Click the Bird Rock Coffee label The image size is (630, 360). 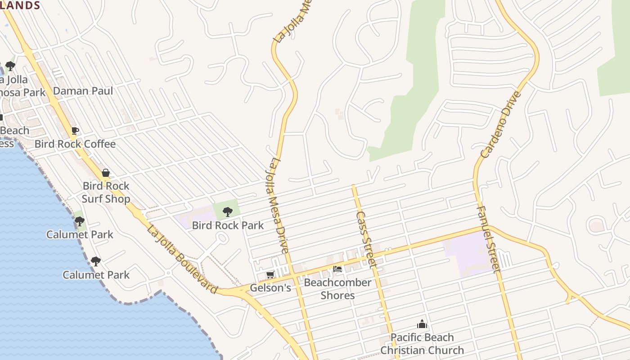[75, 144]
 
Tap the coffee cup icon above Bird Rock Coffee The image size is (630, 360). [75, 131]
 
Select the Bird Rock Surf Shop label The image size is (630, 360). [106, 192]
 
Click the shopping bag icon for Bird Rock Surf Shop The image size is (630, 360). [106, 173]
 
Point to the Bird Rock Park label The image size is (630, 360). [228, 225]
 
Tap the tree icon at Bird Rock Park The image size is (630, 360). [228, 211]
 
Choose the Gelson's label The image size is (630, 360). [270, 288]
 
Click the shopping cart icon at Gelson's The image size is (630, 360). [270, 274]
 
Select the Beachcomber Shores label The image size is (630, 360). [337, 289]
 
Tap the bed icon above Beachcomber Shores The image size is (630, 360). [337, 269]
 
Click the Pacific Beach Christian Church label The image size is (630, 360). [422, 344]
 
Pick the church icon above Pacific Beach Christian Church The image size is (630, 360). [422, 324]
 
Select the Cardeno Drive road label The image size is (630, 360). [501, 124]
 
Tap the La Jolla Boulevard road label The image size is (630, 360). [183, 260]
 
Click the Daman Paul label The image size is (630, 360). [83, 91]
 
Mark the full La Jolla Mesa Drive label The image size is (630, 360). [279, 205]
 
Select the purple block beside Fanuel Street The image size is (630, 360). [466, 252]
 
